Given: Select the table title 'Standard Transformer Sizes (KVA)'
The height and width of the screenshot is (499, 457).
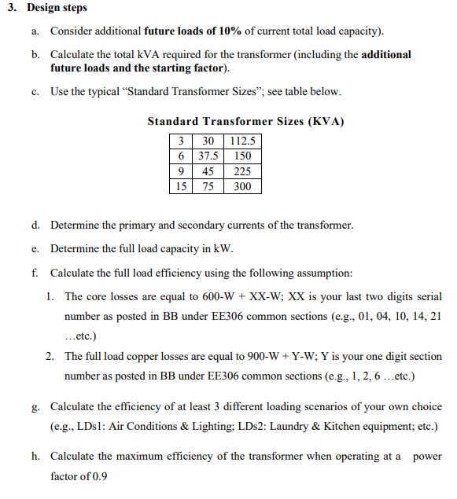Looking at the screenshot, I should click(x=245, y=122).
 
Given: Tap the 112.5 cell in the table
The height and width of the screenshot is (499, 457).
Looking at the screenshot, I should click(x=243, y=141).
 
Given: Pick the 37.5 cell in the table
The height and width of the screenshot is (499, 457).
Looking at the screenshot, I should click(x=208, y=156).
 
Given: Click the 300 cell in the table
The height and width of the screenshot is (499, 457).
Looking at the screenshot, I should click(x=243, y=186).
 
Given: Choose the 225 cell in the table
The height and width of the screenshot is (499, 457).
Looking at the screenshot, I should click(x=243, y=171).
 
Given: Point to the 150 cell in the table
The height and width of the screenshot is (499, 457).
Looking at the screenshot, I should click(x=243, y=156).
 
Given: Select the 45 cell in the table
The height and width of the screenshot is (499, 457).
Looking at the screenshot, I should click(x=208, y=171).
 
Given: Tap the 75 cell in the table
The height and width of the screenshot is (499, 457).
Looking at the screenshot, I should click(x=208, y=186).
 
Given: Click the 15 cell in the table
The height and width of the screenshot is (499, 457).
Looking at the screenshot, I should click(x=181, y=186).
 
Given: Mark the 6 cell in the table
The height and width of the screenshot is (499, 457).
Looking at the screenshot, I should click(x=181, y=156).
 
